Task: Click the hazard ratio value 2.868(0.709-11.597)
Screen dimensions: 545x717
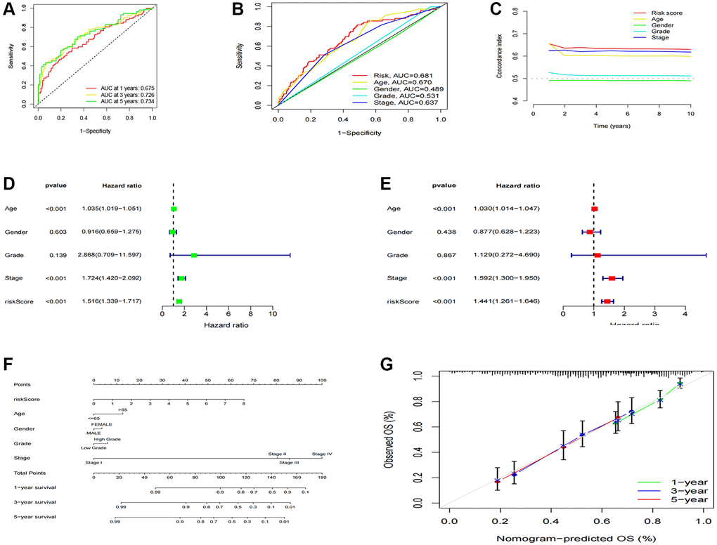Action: pos(112,255)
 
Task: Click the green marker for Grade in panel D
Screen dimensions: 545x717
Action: pos(194,255)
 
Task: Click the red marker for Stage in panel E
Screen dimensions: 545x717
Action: pos(612,278)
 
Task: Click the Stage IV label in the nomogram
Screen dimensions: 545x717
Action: pos(322,454)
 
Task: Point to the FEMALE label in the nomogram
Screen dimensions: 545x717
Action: pos(102,424)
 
